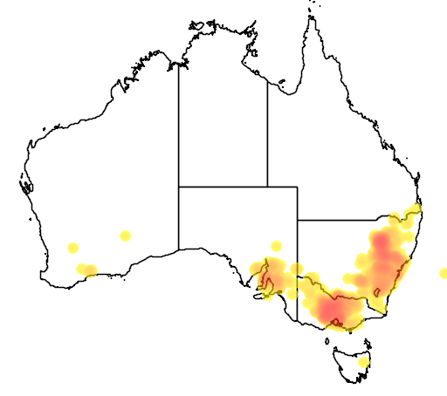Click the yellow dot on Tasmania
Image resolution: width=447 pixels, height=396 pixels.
(x=364, y=361)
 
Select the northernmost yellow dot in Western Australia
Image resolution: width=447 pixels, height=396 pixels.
(x=125, y=236)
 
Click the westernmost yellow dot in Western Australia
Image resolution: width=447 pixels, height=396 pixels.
(x=72, y=248)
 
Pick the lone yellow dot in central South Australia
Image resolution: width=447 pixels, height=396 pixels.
(x=276, y=246)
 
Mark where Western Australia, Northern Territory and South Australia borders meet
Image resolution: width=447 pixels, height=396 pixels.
(x=179, y=187)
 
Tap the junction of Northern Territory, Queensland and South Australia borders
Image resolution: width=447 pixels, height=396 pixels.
(x=267, y=187)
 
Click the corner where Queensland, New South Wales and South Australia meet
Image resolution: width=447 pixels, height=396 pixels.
(x=298, y=220)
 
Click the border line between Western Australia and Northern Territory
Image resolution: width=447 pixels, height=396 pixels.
(x=179, y=122)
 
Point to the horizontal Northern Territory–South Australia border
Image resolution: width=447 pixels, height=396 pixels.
(x=223, y=187)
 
